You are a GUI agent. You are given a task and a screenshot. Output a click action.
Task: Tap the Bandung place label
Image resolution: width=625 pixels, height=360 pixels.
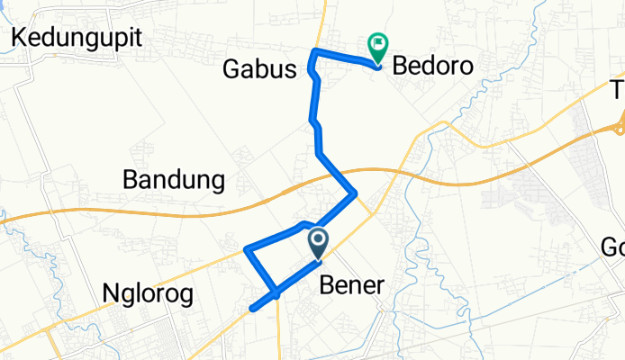[x=173, y=181]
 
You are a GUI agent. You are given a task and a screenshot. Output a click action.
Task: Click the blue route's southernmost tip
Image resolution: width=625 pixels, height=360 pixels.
[x=252, y=310]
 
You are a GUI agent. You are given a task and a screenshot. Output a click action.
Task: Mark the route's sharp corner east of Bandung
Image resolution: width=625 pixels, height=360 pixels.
[x=357, y=192]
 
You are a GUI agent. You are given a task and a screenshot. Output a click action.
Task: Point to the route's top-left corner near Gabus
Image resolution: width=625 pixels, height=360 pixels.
[x=313, y=49]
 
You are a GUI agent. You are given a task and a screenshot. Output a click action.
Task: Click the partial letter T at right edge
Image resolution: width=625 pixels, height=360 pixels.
[x=619, y=90]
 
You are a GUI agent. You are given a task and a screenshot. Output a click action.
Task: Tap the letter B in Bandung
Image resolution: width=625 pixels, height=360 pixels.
[x=129, y=181]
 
